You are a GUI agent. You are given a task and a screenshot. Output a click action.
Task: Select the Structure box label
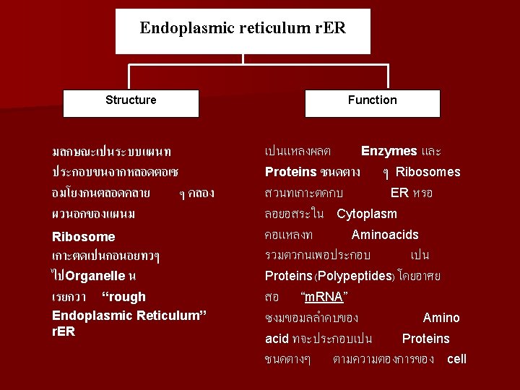tap(131, 100)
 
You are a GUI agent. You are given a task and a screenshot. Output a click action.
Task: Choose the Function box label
tap(372, 100)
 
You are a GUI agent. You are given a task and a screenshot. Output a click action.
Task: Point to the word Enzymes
tap(389, 151)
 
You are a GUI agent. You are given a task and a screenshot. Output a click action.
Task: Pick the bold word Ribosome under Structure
tap(84, 237)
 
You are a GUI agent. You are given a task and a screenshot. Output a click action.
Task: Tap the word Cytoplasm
tap(367, 214)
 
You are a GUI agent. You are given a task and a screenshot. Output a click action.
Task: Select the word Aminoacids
tap(385, 235)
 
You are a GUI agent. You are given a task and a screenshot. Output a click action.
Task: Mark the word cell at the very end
tap(457, 359)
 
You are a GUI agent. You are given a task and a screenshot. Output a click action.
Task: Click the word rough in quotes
tap(124, 297)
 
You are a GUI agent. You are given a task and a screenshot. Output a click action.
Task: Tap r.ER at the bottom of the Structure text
tap(64, 331)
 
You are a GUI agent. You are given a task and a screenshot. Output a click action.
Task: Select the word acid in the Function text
tap(277, 339)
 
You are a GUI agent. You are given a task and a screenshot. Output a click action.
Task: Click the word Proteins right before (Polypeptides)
tap(288, 277)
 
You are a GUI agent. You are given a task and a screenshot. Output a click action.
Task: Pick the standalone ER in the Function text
tap(400, 193)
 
